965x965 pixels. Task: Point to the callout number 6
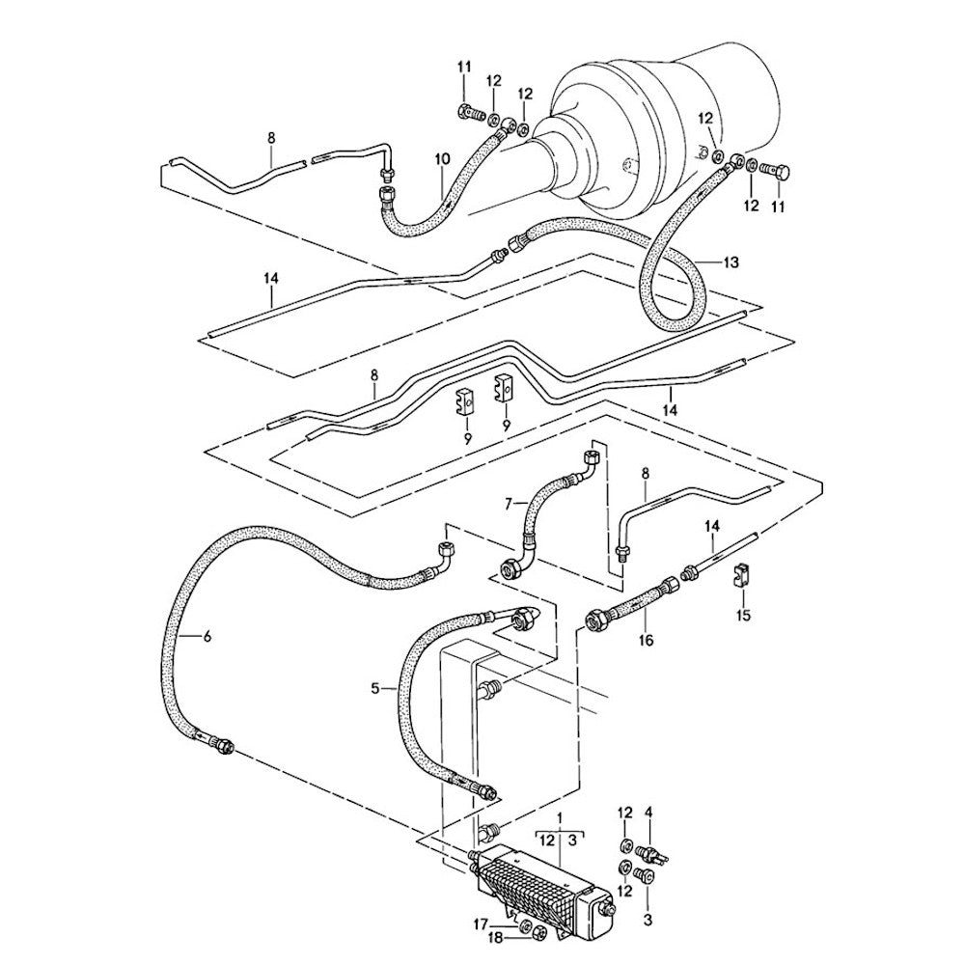point(206,635)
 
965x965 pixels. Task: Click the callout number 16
point(646,638)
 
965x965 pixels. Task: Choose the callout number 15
point(742,615)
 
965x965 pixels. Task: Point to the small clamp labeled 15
point(742,576)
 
